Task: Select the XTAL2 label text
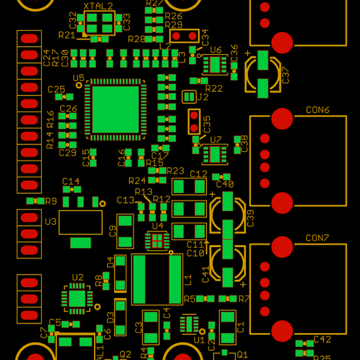coord(98,6)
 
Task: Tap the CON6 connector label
coord(317,110)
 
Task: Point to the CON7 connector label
coord(317,238)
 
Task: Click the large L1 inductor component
coord(157,279)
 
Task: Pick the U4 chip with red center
coord(157,241)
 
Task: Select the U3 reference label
coord(50,222)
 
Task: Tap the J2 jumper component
coord(189,97)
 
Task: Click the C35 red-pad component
coord(194,121)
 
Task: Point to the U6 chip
coord(214,64)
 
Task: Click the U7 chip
coord(214,154)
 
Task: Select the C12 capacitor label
coord(198,174)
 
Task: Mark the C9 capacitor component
coord(125,231)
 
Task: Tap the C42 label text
coord(322,340)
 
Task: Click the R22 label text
coord(214,89)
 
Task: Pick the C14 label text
coord(71,181)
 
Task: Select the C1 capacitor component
coord(228,325)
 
